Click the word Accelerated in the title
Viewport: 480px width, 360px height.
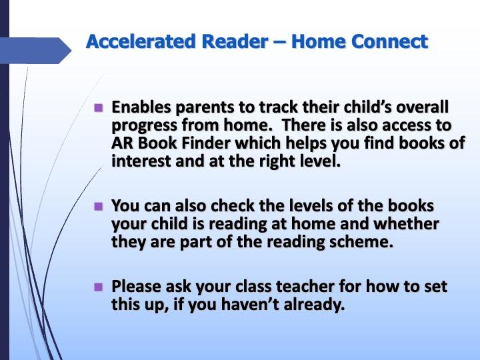click(141, 41)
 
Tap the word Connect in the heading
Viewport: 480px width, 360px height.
click(390, 41)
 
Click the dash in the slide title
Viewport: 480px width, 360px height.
click(280, 42)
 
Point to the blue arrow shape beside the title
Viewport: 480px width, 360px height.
click(36, 51)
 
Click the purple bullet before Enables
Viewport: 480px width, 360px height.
click(99, 108)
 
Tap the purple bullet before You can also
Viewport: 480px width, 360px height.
click(99, 206)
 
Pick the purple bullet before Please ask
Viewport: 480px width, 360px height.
click(99, 287)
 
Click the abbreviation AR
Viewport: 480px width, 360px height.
click(122, 143)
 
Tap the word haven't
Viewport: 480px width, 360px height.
click(250, 305)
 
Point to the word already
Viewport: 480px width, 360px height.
click(315, 305)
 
